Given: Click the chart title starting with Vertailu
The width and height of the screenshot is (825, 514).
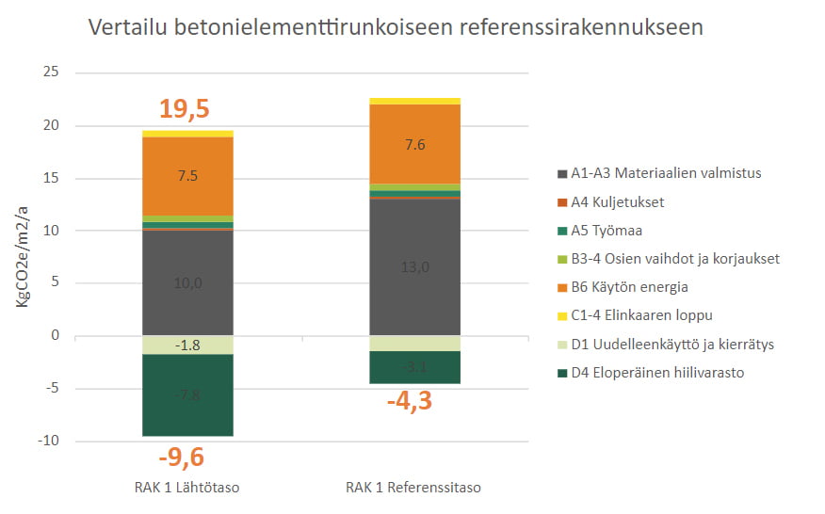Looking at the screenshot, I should click(396, 27).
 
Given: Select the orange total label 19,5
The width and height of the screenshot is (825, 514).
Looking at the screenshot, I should click(185, 110).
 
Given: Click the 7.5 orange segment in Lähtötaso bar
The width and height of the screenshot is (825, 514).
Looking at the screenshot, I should click(187, 176).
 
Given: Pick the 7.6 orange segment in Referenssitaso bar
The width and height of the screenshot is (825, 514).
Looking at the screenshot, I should click(414, 144).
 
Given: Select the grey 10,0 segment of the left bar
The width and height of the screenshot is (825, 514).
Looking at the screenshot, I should click(187, 282).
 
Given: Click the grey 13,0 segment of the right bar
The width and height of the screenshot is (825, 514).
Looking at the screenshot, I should click(414, 267).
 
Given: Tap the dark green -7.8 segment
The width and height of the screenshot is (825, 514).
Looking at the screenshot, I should click(187, 395).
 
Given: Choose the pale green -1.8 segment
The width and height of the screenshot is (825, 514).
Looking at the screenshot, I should click(187, 345).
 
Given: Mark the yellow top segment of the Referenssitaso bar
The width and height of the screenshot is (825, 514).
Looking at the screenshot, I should click(414, 101).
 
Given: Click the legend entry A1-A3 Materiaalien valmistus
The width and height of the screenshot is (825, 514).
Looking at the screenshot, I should click(666, 173).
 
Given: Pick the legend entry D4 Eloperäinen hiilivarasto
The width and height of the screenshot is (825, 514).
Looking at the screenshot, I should click(657, 373).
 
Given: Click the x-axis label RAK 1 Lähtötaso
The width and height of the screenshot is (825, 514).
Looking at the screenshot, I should click(187, 488).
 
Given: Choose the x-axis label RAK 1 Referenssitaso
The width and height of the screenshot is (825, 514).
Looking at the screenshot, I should click(413, 488).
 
